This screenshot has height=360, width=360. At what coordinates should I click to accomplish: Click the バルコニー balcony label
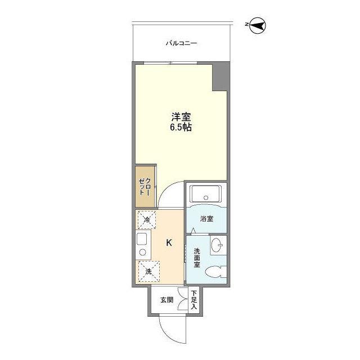[x=181, y=43]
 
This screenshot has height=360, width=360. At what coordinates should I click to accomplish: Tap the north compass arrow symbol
[x=258, y=25]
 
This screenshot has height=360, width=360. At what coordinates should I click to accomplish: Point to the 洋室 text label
[x=181, y=118]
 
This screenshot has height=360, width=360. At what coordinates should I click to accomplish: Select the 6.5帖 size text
[x=181, y=128]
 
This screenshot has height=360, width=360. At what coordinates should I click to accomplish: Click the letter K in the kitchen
[x=169, y=243]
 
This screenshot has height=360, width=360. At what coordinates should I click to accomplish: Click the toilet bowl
[x=213, y=273]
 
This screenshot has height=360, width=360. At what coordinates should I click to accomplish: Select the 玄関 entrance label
[x=166, y=299]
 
